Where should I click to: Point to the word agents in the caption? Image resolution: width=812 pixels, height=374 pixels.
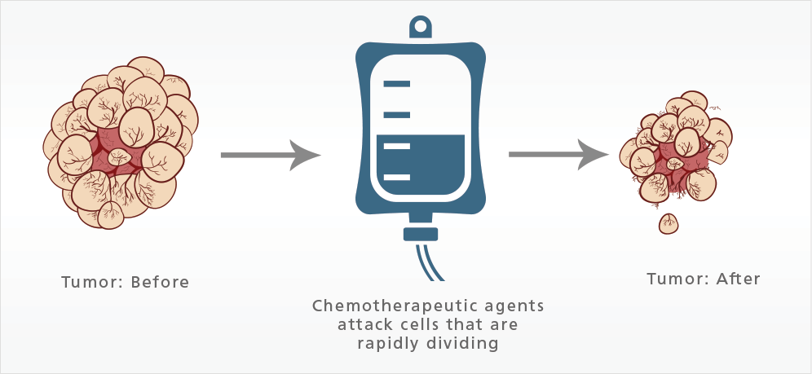coord(516,306)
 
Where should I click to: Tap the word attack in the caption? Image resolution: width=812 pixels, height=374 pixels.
coord(367,324)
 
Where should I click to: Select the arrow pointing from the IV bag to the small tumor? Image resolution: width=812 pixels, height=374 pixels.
coord(559,153)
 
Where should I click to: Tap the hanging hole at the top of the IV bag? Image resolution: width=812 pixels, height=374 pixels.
coord(421,26)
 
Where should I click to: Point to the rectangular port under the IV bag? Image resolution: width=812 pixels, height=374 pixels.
coord(421,235)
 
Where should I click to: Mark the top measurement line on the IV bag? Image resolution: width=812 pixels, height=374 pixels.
coord(397,84)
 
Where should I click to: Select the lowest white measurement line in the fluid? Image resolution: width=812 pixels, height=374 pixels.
coord(396,177)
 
